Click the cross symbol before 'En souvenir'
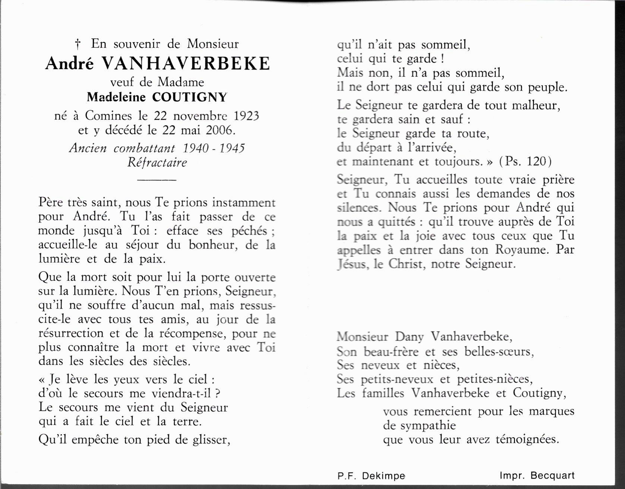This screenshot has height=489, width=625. click(x=78, y=44)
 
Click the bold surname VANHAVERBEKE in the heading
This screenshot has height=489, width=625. click(x=185, y=64)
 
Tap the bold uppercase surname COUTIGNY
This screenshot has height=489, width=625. click(x=189, y=97)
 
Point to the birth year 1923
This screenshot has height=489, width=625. click(x=246, y=116)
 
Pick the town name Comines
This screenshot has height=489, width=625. click(x=108, y=116)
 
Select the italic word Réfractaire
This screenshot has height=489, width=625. click(x=157, y=163)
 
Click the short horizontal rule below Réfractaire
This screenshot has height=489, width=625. click(x=157, y=180)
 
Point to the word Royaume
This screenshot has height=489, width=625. click(x=522, y=250)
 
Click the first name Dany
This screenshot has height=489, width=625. click(x=409, y=337)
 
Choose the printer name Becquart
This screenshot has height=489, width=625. click(x=553, y=476)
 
